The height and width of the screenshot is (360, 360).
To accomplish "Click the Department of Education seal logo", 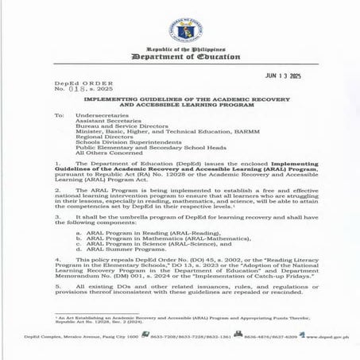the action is click(x=180, y=29).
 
